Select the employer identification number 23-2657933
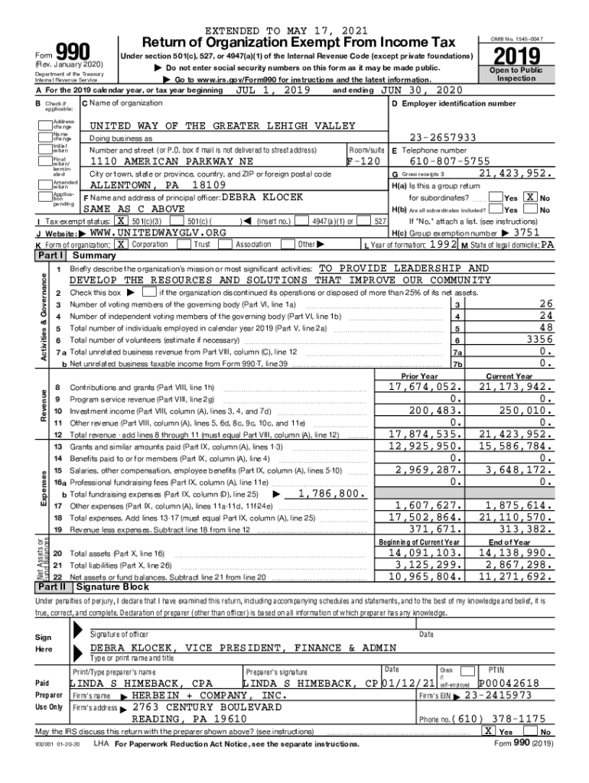pos(443,138)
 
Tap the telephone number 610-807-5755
pos(450,161)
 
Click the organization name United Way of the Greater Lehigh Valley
pos(223,125)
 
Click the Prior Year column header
pos(420,376)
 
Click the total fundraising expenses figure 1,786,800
pos(330,494)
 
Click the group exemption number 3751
pos(528,232)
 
